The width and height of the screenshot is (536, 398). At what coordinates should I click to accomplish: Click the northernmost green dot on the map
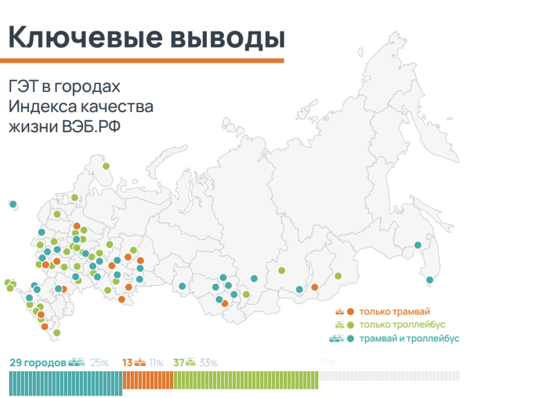coord(106,166)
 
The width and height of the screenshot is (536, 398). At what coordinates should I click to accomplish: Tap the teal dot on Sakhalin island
coord(429,280)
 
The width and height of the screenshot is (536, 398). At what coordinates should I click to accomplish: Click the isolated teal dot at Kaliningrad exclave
coord(13,204)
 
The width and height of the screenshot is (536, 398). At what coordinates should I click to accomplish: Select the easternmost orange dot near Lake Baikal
coord(314,287)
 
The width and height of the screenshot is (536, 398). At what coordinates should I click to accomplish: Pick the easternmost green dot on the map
coord(338,276)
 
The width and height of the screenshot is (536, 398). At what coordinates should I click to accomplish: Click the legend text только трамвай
coord(391,312)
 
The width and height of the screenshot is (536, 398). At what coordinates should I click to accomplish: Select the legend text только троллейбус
coord(402,325)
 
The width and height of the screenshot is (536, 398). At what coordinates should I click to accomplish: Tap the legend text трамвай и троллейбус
coord(409,339)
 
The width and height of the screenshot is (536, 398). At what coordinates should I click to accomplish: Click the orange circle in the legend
coord(350,312)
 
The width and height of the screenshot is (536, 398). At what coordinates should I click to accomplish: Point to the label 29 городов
coord(37,363)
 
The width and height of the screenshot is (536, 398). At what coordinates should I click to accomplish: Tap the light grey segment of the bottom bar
coord(389,376)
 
